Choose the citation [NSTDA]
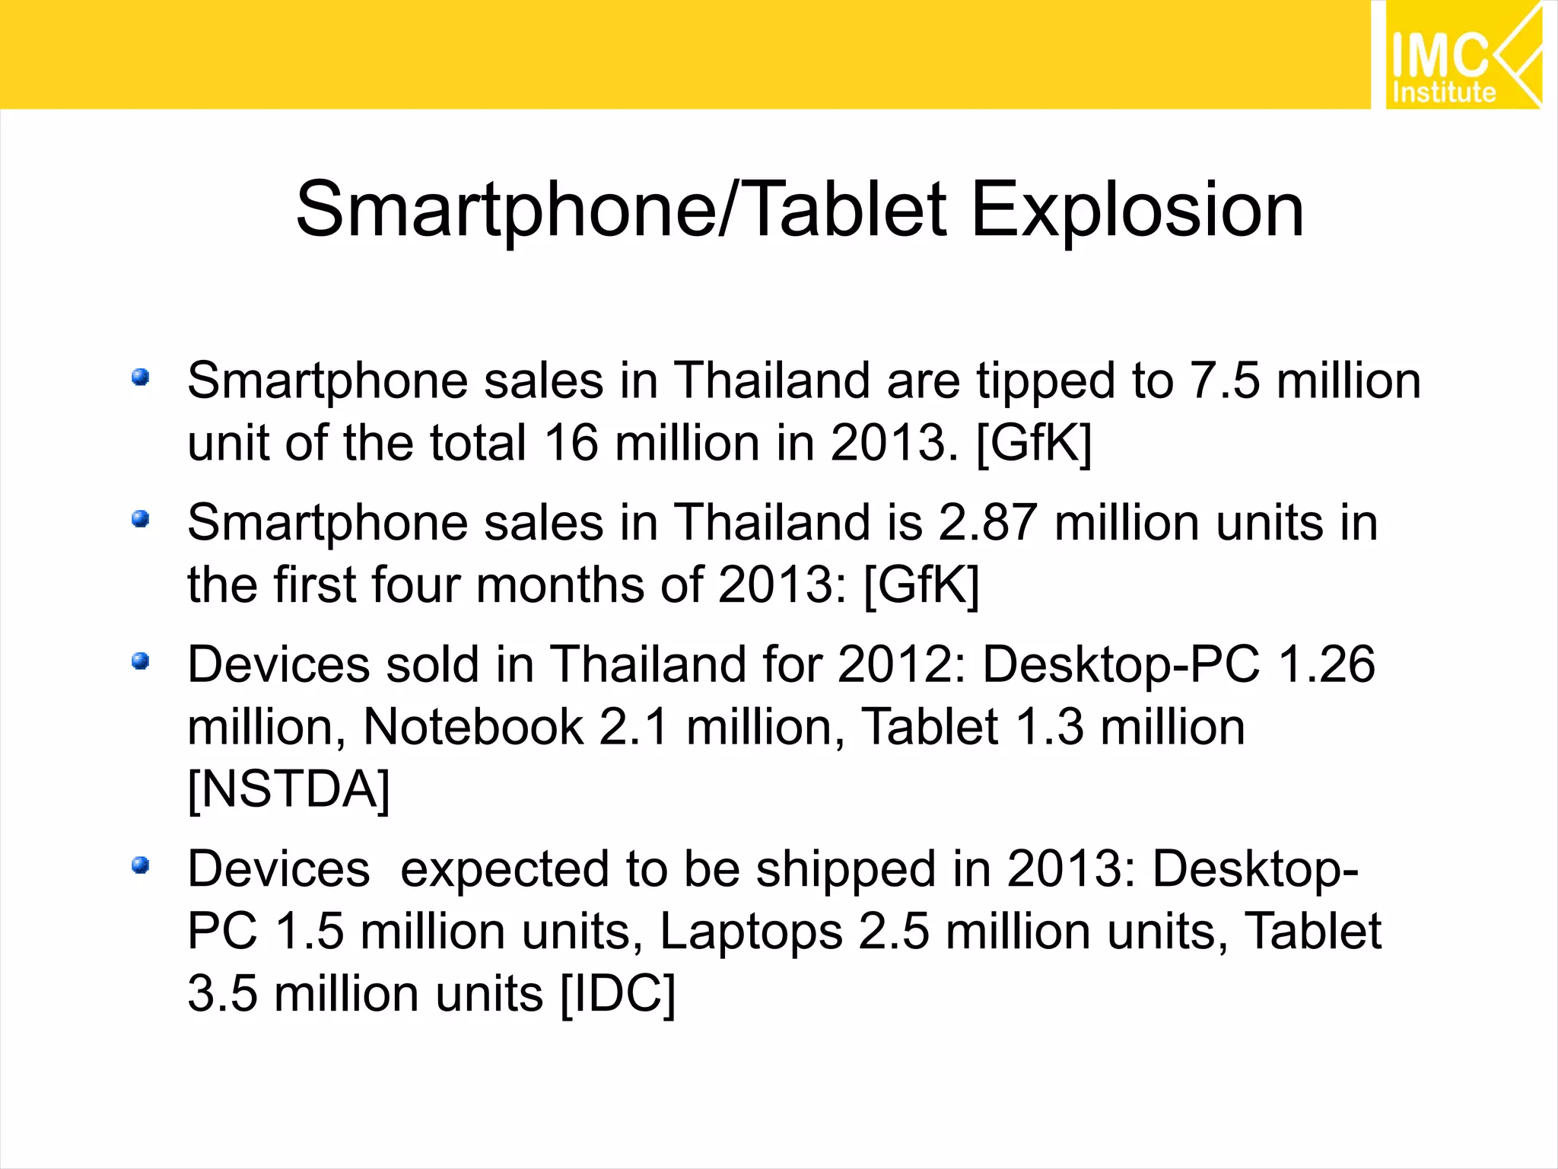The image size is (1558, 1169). pyautogui.click(x=288, y=789)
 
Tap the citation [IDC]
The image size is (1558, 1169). pyautogui.click(x=617, y=994)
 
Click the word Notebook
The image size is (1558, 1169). pyautogui.click(x=473, y=727)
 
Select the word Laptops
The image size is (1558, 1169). pyautogui.click(x=751, y=932)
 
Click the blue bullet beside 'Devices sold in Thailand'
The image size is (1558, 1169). pyautogui.click(x=140, y=661)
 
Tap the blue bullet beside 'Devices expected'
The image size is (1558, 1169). pyautogui.click(x=140, y=865)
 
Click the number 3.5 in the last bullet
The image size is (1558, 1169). pyautogui.click(x=222, y=994)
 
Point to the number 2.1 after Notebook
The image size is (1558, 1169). pyautogui.click(x=634, y=727)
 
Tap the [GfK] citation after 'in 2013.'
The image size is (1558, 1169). pyautogui.click(x=1033, y=443)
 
